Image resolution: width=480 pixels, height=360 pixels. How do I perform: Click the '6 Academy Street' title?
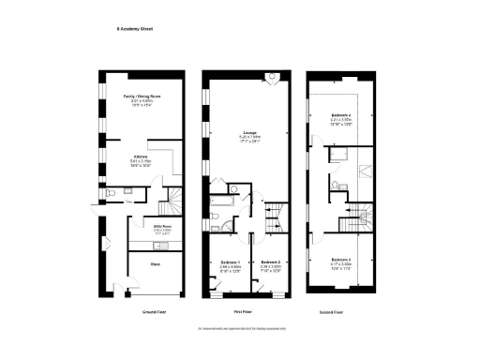(134, 29)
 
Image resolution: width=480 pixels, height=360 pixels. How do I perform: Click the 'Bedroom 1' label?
(231, 261)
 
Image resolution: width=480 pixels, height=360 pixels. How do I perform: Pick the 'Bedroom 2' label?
(271, 261)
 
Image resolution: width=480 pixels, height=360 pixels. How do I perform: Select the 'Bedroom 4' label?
(341, 115)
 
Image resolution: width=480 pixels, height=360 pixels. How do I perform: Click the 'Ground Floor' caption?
(155, 310)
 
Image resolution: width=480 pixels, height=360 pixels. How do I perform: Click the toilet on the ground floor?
(112, 192)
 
